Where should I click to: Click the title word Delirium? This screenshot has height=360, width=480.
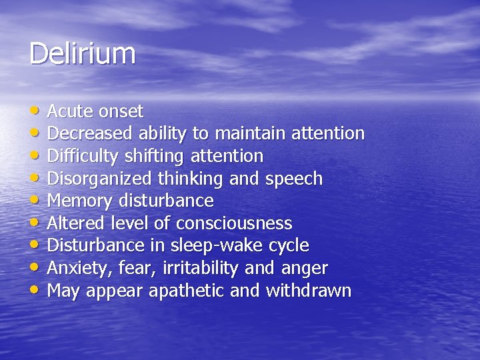(82, 53)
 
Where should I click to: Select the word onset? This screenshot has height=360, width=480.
(121, 111)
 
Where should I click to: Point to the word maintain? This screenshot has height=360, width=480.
(249, 133)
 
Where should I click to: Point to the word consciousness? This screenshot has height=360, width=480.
(234, 223)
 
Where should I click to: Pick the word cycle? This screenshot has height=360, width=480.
(288, 247)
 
